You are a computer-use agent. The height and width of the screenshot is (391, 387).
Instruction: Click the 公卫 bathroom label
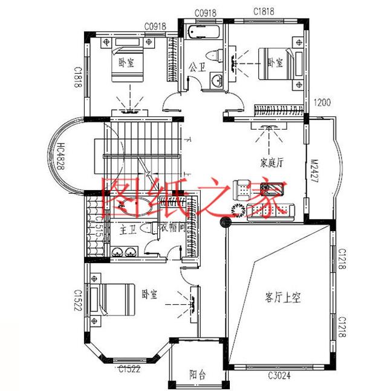(195, 66)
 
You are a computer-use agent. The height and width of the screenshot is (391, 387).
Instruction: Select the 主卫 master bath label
(128, 229)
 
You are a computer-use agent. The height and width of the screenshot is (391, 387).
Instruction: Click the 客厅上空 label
(283, 297)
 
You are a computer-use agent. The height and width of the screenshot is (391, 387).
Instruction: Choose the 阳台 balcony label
(197, 375)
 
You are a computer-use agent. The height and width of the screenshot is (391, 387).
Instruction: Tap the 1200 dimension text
(322, 103)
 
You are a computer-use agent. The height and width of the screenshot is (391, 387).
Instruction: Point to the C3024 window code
(280, 376)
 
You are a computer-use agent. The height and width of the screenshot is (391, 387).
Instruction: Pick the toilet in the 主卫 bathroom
(152, 229)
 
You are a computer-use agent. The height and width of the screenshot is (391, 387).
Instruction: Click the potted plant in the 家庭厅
(237, 209)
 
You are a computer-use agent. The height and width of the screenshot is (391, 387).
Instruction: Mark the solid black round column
(225, 221)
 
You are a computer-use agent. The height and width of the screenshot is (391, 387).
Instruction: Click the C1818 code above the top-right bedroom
(264, 11)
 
